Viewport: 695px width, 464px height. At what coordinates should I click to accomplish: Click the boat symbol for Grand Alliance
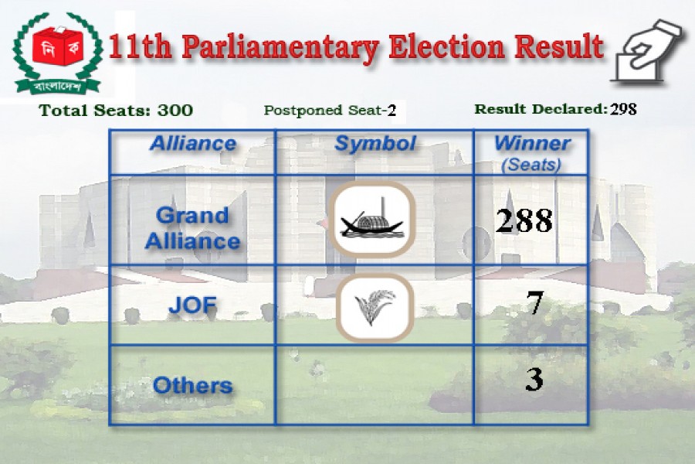pos(375,220)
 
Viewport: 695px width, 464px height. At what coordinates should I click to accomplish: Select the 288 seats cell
pos(524,221)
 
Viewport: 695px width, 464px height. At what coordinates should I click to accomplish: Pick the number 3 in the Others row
pos(533,379)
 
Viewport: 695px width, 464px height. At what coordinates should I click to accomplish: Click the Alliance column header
pos(193,144)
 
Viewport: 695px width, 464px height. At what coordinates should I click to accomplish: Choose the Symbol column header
pos(375,144)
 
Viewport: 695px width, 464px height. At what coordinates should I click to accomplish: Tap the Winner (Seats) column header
pos(532,152)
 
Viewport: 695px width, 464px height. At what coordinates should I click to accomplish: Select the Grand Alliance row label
pos(193,227)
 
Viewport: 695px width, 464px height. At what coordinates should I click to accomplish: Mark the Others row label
pos(193,385)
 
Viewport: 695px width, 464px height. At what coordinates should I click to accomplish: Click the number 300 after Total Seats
pos(175,111)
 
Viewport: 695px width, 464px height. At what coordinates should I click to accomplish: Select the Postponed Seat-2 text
pos(330,111)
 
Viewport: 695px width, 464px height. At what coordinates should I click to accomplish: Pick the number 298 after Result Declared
pos(623,109)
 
